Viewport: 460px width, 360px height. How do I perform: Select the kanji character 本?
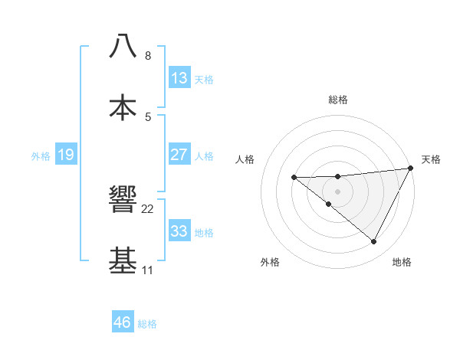coord(123,106)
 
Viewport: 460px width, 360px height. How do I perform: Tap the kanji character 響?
coord(123,200)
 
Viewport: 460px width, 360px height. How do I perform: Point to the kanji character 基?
coord(123,260)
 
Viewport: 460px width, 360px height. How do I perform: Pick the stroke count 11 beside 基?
coord(148,270)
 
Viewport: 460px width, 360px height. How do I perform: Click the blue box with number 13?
coord(179,78)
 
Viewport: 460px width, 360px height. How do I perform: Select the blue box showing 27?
coord(179,155)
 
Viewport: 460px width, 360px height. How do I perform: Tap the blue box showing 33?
coord(179,231)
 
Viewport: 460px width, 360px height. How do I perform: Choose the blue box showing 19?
coord(66,155)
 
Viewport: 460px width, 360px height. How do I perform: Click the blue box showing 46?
coord(123,322)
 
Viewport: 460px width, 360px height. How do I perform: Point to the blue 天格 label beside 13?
coord(204,80)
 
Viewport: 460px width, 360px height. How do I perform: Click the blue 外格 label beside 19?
coord(41,156)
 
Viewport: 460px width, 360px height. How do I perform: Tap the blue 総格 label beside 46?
coord(147,324)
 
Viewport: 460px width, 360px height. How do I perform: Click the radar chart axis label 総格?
coord(338,100)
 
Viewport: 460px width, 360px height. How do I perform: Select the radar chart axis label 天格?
coord(432,159)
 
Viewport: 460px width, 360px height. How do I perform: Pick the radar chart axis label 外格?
coord(270,263)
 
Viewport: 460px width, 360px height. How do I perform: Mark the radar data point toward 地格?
coord(374,242)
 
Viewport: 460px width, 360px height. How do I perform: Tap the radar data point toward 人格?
coord(294,178)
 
